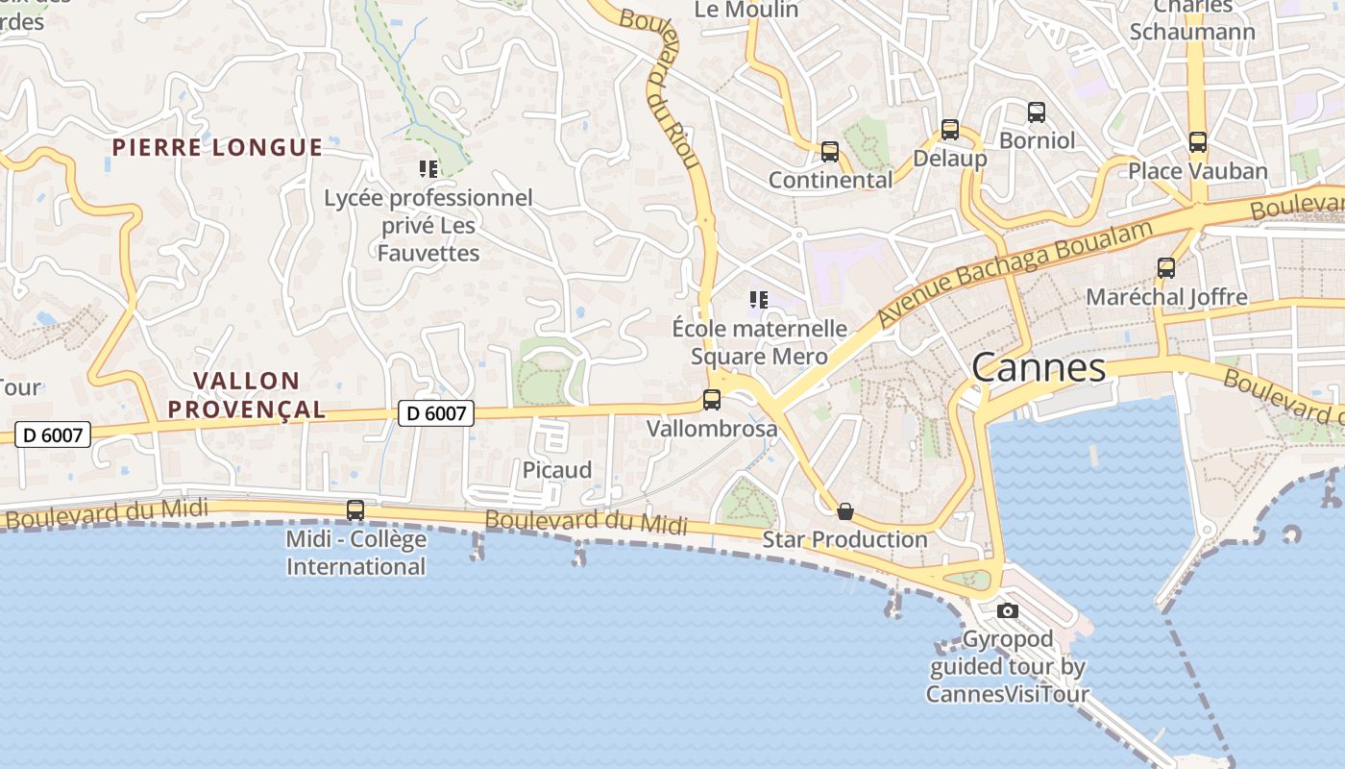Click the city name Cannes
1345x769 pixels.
coord(1039,368)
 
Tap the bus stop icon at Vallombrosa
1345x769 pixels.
coord(712,400)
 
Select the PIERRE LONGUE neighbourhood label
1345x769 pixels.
coord(217,147)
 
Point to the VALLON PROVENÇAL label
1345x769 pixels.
coord(247,395)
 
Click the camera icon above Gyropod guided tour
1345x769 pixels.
coord(1007,610)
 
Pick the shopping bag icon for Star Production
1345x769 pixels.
coord(845,511)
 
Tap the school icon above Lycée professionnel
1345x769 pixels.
coord(428,170)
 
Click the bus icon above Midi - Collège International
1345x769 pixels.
coord(355,510)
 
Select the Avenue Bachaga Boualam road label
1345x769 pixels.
coord(1015,272)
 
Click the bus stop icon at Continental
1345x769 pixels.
coord(830,152)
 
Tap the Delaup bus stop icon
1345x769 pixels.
coord(950,130)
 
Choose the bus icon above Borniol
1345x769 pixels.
coord(1037,112)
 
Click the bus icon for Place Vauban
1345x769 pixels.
coord(1198,142)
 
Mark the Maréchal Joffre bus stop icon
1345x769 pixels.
coord(1166,268)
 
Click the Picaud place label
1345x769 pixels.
coord(557,470)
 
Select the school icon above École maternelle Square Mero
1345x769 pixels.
coord(759,301)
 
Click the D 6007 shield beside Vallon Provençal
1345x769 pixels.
coord(436,413)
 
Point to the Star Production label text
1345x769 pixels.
coord(844,539)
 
